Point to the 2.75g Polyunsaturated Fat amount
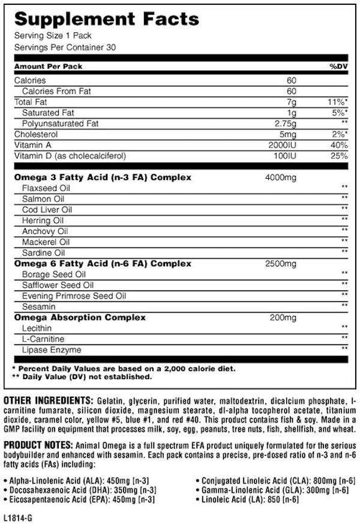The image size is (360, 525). pos(284,123)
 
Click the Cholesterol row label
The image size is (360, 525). pos(37,133)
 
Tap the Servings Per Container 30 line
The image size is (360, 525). pos(65,47)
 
